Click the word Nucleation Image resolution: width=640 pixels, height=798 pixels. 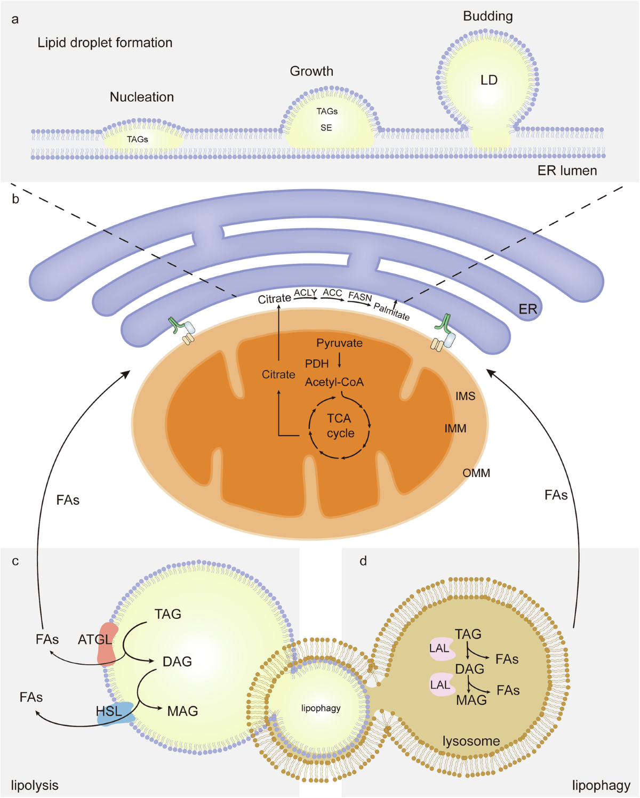142,97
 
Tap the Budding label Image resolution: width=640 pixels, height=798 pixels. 487,17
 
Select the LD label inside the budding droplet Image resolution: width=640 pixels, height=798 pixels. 489,80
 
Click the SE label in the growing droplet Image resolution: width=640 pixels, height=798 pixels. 326,128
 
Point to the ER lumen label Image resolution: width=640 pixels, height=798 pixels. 567,171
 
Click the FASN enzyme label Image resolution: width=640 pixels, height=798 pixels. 360,296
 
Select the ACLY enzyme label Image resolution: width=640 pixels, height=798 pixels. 305,293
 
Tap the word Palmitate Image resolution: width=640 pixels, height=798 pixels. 391,311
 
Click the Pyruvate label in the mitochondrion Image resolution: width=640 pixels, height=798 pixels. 339,343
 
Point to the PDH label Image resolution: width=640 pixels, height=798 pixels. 317,364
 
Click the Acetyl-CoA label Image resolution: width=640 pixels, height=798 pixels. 334,382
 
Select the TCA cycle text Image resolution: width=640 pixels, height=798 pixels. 340,426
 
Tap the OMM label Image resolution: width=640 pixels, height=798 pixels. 476,473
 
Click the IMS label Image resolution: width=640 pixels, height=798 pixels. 465,396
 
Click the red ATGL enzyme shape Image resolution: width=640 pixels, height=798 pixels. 107,644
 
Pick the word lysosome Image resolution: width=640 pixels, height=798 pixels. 471,741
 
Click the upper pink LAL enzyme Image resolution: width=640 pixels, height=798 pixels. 441,649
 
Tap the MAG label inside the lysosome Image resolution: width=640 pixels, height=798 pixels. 471,700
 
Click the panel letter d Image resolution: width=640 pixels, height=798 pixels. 363,561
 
